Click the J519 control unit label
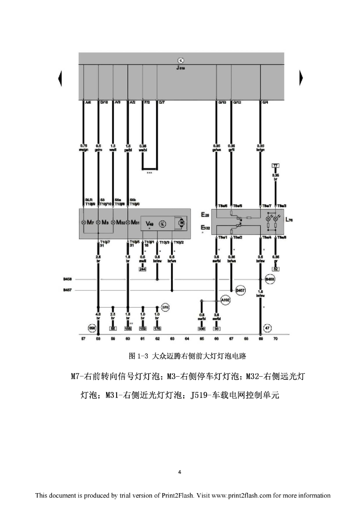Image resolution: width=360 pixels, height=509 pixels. coord(180,68)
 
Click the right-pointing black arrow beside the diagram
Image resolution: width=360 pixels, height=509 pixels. coord(300,78)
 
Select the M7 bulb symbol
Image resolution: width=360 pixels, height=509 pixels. coord(84,222)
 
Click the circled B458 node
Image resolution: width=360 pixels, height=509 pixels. coord(270,280)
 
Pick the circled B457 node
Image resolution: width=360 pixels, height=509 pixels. coord(241,290)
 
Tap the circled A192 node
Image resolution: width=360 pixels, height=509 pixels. coord(225,300)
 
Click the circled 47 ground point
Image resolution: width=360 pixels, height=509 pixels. coord(268,328)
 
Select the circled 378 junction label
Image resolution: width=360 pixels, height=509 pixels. coord(165,308)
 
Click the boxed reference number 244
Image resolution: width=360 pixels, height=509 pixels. coord(142,269)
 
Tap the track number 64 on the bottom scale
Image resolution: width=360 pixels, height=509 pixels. coord(187,338)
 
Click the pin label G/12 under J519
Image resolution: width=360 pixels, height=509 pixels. coord(237,102)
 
